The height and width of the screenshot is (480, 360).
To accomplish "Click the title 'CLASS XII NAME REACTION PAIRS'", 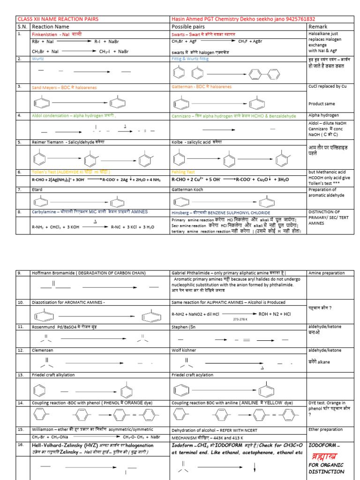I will tap(58, 19).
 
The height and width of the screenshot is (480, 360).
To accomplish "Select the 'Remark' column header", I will tap(318, 27).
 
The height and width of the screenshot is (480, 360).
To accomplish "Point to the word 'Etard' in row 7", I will tap(37, 189).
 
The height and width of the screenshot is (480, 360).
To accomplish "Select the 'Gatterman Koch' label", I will tap(190, 189).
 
